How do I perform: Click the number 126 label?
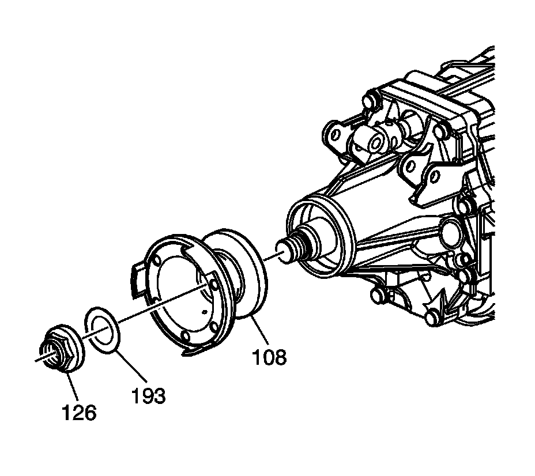(80, 413)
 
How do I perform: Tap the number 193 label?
(148, 396)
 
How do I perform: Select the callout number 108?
(269, 357)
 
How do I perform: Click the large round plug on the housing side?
(450, 230)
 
